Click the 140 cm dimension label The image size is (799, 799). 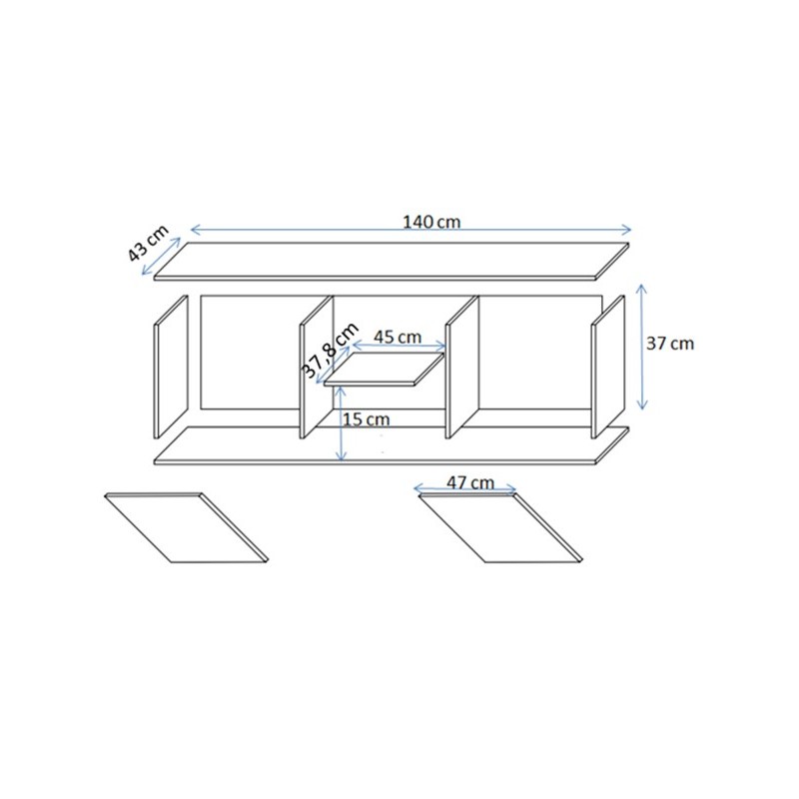point(431,222)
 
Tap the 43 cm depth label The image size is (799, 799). point(147,243)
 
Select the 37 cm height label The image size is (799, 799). point(669,344)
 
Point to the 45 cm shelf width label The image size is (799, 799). point(398,337)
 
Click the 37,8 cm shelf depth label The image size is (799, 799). point(332,351)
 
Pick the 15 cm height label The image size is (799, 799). point(366,419)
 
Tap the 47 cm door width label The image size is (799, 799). point(470,482)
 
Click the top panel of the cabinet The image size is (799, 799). point(392,261)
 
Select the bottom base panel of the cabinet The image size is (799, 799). point(392,445)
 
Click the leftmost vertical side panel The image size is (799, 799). point(171,367)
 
